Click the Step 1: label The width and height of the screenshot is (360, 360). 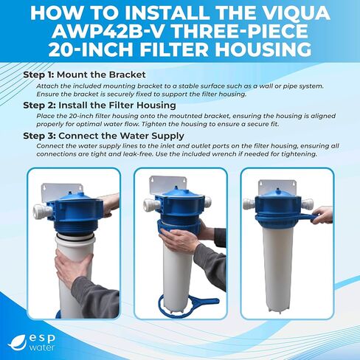point(44,75)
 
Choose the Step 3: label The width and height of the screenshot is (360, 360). point(44,136)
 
